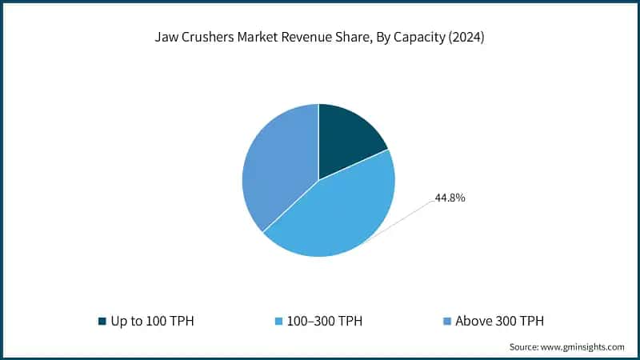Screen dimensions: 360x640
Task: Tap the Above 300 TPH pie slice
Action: tap(276, 172)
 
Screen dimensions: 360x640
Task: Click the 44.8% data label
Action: tap(450, 197)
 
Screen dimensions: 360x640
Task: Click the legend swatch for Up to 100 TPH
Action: tap(102, 322)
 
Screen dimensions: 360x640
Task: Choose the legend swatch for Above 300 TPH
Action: tap(447, 322)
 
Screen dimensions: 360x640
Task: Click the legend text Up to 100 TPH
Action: tap(152, 322)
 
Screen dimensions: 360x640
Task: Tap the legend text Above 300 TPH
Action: tap(500, 322)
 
